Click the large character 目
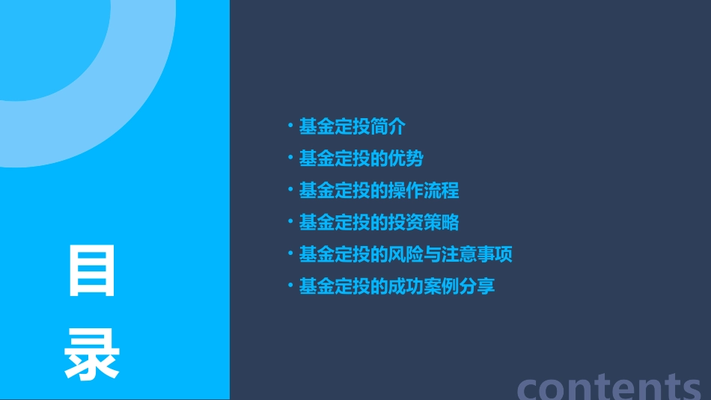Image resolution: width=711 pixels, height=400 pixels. (93, 270)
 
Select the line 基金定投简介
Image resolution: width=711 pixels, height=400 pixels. (352, 127)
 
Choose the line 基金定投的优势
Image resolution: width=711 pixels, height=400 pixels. (361, 159)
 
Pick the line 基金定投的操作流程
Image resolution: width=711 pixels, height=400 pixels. (379, 191)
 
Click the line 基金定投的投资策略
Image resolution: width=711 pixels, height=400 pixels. (379, 222)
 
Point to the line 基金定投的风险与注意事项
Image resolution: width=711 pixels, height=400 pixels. (406, 254)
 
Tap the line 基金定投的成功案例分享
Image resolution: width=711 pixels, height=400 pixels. (397, 286)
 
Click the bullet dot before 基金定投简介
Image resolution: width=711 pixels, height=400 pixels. (290, 126)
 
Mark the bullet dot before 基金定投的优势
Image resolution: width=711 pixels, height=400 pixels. (290, 158)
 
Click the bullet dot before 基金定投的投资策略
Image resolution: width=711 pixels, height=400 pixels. (290, 221)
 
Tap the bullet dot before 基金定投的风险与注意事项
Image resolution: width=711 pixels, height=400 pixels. (290, 253)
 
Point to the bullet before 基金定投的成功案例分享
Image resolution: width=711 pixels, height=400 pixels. (290, 285)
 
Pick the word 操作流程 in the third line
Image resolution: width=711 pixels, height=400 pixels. (424, 191)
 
